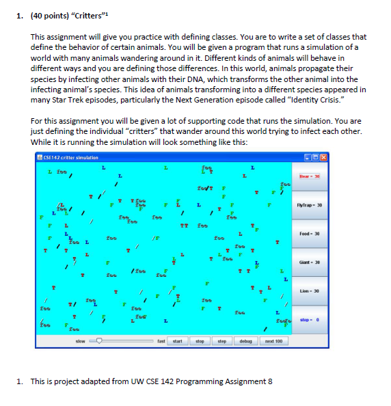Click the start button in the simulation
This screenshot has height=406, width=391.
[x=176, y=340]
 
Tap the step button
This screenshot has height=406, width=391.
[x=221, y=340]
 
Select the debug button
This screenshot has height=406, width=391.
[x=245, y=340]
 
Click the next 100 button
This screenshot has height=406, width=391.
[x=273, y=340]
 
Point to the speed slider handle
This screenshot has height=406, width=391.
[x=99, y=340]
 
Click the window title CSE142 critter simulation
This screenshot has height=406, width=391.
[x=68, y=158]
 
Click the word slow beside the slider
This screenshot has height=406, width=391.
[x=79, y=340]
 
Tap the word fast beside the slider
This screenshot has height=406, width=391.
[x=161, y=340]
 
